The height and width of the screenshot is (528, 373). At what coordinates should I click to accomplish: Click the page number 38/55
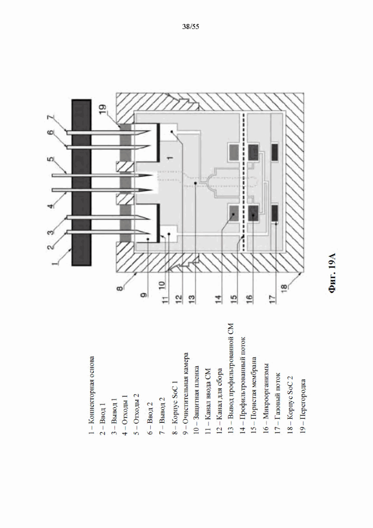tap(190, 26)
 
